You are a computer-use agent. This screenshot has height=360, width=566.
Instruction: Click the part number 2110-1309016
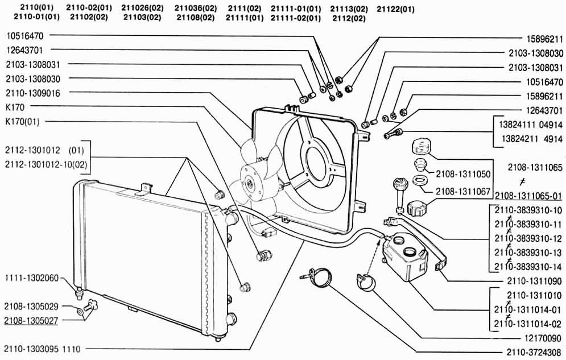pos(33,93)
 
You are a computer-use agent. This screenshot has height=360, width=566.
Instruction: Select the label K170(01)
pos(22,122)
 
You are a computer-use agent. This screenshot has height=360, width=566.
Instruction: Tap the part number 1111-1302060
pos(32,278)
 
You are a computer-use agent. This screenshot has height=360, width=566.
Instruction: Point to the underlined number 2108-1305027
pos(31,321)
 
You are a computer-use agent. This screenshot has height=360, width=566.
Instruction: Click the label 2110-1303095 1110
pos(42,349)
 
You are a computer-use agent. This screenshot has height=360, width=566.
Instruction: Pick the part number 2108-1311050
pos(463,174)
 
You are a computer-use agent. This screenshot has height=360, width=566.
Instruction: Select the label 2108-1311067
pos(463,192)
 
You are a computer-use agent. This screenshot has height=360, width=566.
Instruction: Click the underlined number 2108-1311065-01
pos(528,196)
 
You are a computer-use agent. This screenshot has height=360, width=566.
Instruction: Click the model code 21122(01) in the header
pos(395,9)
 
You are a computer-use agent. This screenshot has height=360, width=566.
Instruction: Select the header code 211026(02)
pos(142,8)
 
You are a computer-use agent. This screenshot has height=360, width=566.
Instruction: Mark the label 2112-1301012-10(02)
pos(46,164)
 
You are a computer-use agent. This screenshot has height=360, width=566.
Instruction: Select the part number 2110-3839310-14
pos(528,267)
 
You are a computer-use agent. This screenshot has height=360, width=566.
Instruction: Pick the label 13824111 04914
pos(531,125)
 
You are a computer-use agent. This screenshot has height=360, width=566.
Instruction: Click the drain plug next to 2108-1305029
pos(90,305)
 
